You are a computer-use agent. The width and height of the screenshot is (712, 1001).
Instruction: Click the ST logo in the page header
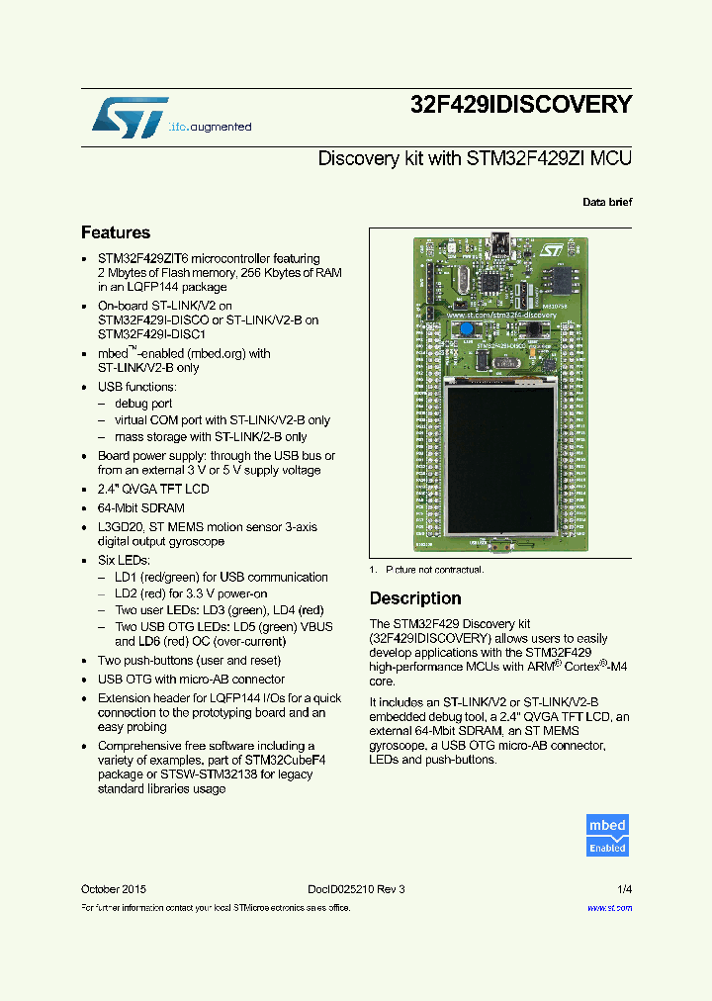pyautogui.click(x=131, y=117)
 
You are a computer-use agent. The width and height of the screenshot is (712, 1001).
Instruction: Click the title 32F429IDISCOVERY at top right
pyautogui.click(x=520, y=104)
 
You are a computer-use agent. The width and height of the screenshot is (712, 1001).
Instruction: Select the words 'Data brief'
pyautogui.click(x=606, y=202)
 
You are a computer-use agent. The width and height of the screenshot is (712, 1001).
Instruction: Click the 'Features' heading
pyautogui.click(x=116, y=232)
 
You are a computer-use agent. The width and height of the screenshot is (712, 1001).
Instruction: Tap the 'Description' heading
pyautogui.click(x=414, y=598)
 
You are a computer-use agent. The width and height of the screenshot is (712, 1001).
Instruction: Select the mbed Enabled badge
pyautogui.click(x=607, y=836)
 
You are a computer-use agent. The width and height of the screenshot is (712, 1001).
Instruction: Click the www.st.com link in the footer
pyautogui.click(x=609, y=907)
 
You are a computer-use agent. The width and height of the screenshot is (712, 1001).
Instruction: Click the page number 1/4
pyautogui.click(x=624, y=889)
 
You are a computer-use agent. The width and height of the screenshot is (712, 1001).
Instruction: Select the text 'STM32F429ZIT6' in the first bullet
pyautogui.click(x=138, y=258)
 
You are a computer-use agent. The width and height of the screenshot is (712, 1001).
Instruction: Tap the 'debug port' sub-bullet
pyautogui.click(x=143, y=404)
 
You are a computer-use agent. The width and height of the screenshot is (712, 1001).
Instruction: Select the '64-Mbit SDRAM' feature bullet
pyautogui.click(x=141, y=508)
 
